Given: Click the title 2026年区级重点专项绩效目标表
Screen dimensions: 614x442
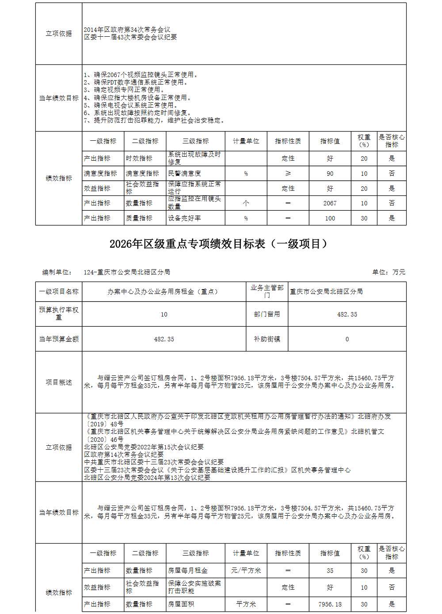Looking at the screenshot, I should pos(218,244).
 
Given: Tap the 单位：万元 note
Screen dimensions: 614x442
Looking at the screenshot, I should pos(389,272).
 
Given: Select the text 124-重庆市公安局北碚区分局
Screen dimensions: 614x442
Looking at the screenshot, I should pos(127,272).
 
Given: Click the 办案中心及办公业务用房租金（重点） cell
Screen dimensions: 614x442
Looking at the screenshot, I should pos(164,292).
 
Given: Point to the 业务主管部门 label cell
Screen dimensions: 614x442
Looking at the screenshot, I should pos(267,291).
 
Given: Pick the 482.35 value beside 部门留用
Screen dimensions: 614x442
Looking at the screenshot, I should pos(347,314).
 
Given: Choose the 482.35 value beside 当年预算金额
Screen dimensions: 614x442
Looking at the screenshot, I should pos(164,339).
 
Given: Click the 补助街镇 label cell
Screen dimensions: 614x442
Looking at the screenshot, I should pos(267,339).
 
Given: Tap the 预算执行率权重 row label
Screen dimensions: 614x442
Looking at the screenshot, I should pos(59,314).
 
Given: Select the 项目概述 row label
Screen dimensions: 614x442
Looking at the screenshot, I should pos(59,382).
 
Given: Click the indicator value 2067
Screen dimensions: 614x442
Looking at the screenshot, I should pos(330,203).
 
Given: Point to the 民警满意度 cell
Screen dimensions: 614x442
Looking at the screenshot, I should pos(185,174).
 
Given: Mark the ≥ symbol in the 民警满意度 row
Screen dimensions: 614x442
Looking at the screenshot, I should pos(288,174).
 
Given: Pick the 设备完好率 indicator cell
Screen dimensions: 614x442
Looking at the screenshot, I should pos(185,218).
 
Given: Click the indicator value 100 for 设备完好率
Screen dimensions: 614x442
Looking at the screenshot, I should pos(330,218).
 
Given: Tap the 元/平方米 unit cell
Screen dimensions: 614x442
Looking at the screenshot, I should pos(246,571).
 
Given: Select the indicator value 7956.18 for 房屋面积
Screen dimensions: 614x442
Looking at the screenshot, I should pos(330,604).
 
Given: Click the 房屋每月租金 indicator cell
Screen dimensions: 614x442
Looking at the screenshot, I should pos(188,571).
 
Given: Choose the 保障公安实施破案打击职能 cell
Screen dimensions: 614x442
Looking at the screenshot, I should pos(194,587).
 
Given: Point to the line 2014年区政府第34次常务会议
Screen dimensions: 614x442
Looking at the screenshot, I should pos(127,30).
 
